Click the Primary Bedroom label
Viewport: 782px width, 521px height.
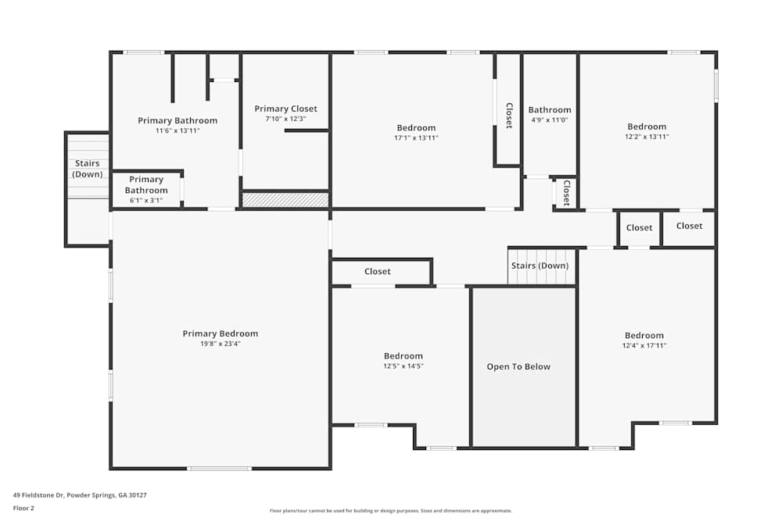click(220, 334)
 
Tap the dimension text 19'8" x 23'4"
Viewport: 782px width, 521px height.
click(220, 344)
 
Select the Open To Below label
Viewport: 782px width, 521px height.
click(518, 366)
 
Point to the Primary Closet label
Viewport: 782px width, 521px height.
click(285, 109)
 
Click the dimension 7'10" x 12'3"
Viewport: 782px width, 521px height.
click(285, 119)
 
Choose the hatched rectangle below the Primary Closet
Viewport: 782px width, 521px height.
click(285, 201)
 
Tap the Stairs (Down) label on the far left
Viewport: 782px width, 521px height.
click(88, 169)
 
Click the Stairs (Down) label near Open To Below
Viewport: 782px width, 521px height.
click(540, 266)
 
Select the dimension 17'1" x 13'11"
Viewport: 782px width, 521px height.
click(416, 138)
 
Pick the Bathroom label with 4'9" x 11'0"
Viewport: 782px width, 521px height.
click(550, 110)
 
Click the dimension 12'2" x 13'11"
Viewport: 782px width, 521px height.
click(647, 137)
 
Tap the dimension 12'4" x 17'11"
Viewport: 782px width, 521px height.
click(644, 345)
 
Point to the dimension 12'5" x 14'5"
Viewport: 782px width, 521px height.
click(403, 366)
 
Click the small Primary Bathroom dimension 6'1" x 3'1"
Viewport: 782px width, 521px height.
click(146, 201)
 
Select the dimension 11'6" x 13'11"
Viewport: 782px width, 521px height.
click(178, 130)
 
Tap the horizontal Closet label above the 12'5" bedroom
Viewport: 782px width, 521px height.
click(378, 272)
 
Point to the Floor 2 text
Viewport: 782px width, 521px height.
click(23, 508)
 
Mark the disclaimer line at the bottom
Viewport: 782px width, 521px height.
click(392, 511)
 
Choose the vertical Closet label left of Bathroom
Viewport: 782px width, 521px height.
click(508, 116)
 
